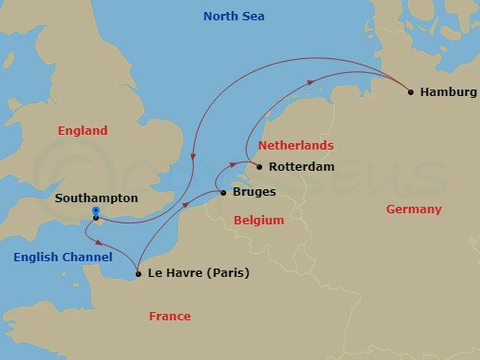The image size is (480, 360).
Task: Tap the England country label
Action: click(82, 131)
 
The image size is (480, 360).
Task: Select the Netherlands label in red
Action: click(295, 146)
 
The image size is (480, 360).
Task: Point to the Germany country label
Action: click(414, 210)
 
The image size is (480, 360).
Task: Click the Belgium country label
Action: click(258, 221)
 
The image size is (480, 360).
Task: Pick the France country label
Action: click(170, 317)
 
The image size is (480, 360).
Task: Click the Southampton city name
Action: click(97, 198)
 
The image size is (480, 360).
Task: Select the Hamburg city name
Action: click(448, 92)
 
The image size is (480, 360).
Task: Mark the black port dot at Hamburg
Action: click(410, 92)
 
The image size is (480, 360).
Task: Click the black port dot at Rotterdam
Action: click(259, 167)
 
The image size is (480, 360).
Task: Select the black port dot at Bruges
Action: click(222, 193)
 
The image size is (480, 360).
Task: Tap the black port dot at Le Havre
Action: click(138, 273)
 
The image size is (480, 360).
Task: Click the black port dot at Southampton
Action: click(96, 219)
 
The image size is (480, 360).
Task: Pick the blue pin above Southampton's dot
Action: click(96, 211)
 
